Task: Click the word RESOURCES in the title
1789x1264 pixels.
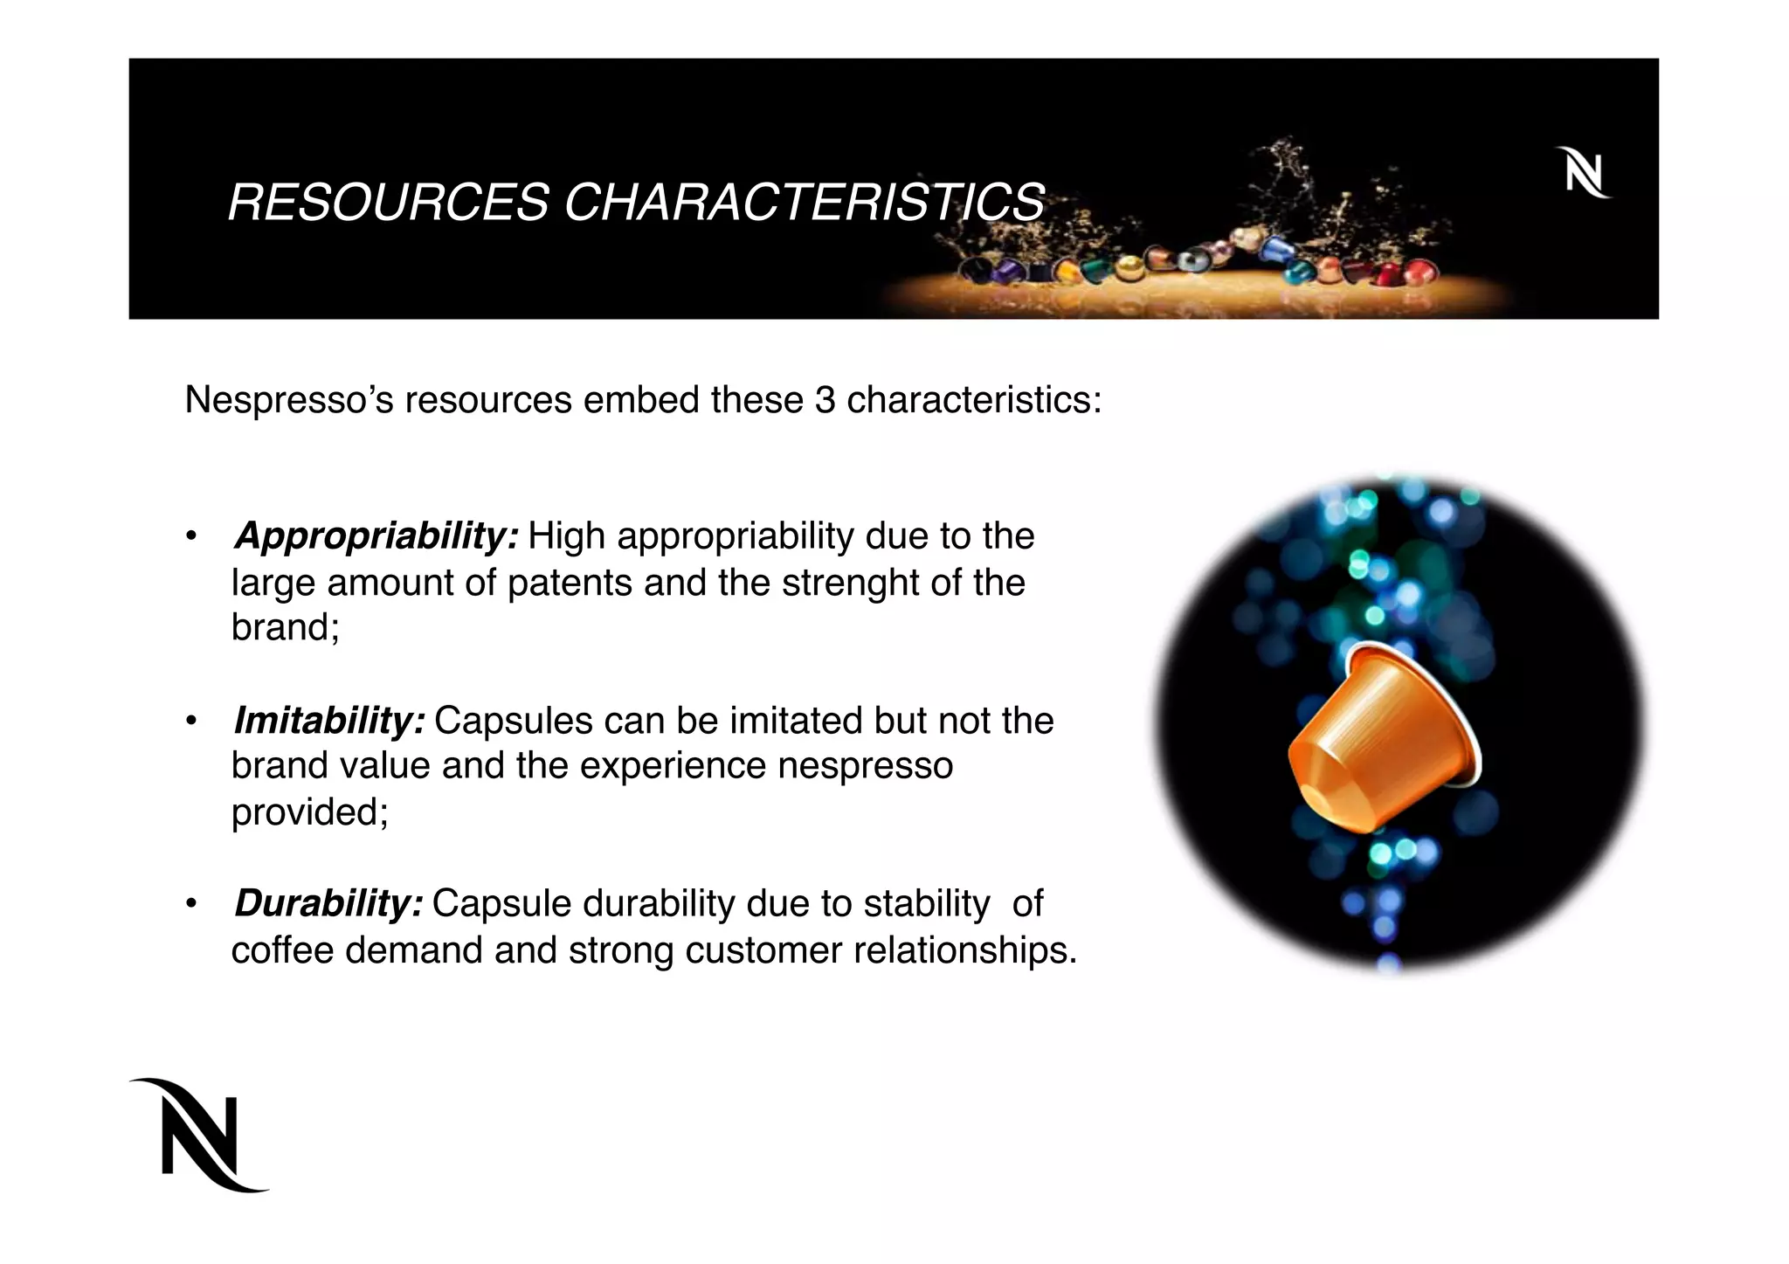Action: tap(388, 203)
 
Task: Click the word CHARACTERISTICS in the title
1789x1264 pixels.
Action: tap(804, 203)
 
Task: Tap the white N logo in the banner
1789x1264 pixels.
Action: tap(1583, 174)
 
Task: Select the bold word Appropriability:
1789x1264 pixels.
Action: tap(376, 536)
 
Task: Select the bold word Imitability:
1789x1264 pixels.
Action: tap(329, 721)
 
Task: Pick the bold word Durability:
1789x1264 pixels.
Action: tap(328, 903)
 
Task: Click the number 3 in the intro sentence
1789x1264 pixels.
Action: tap(825, 401)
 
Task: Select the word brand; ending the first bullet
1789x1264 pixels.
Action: tap(285, 627)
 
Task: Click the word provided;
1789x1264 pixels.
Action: tap(309, 812)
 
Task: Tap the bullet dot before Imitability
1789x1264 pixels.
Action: tap(190, 722)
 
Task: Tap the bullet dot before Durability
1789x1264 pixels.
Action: tap(190, 904)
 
